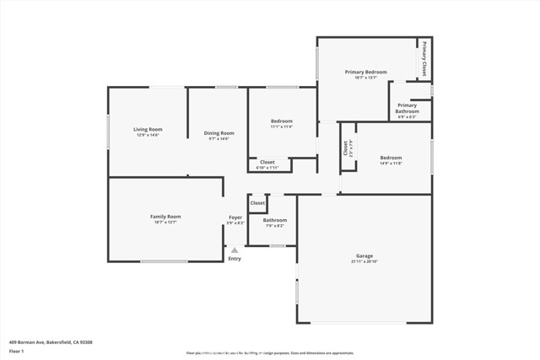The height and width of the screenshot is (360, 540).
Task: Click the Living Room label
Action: [148, 129]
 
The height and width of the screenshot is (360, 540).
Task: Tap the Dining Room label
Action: [219, 132]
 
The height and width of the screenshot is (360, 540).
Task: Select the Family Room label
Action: [165, 217]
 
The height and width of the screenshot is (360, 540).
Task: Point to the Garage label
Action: [364, 255]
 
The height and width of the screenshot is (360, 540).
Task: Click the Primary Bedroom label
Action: [366, 73]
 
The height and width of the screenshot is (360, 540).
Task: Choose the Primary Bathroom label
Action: [408, 108]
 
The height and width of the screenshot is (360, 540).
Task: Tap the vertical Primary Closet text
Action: [424, 58]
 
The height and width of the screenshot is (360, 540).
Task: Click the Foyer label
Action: [235, 218]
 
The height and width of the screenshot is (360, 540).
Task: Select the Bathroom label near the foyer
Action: [275, 220]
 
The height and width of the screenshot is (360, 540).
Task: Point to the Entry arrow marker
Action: [235, 250]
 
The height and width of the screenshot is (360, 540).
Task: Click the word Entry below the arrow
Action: [235, 259]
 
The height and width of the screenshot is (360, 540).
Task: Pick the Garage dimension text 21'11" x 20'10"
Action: [364, 261]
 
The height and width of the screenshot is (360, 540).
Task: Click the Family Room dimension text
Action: [165, 223]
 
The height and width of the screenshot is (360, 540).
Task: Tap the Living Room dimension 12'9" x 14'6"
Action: [148, 136]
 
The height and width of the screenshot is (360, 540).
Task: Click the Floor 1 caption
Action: [18, 352]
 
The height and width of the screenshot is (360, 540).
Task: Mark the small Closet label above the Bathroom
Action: [257, 203]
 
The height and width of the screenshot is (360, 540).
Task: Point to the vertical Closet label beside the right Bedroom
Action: [345, 148]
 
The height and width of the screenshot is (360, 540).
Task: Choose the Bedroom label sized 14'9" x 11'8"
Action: [391, 158]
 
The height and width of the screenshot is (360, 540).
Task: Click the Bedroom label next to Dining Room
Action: [281, 121]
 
